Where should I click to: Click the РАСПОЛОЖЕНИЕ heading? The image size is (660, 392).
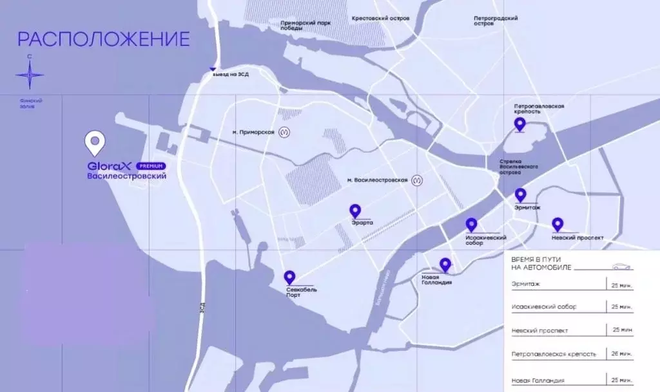click(103, 39)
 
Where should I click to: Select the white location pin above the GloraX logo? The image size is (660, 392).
click(95, 143)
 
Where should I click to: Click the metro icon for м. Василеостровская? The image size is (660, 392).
click(418, 181)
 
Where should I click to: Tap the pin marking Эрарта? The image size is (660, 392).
click(354, 211)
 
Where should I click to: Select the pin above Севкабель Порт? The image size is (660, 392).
click(289, 277)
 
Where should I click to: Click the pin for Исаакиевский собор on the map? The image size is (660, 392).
click(471, 225)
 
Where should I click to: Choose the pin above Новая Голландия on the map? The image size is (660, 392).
click(445, 264)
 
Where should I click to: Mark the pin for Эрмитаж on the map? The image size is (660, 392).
click(520, 195)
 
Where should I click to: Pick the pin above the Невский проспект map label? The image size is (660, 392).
click(558, 225)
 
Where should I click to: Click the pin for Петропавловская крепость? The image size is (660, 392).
click(519, 124)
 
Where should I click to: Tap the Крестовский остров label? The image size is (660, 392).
click(380, 19)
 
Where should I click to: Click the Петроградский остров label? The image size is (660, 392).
click(496, 21)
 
